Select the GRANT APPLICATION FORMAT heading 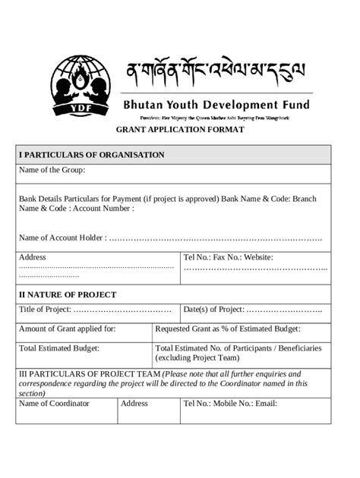[x=179, y=131]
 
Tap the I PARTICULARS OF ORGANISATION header [x=91, y=155]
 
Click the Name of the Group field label [x=52, y=170]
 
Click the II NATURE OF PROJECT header [x=68, y=294]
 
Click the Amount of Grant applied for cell [x=67, y=329]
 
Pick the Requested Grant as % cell [x=228, y=329]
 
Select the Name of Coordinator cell [x=54, y=404]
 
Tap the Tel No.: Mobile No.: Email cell [x=229, y=404]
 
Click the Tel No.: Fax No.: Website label [x=228, y=257]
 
